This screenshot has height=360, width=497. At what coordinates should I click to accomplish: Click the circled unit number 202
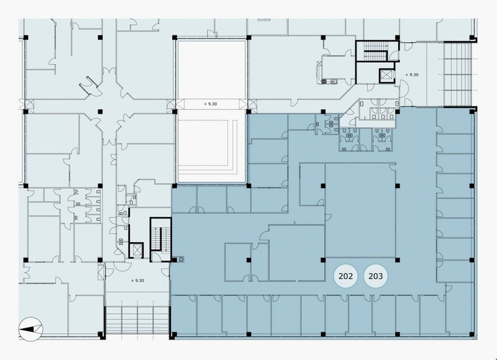[x=345, y=276]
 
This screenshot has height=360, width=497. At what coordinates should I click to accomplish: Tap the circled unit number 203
[x=376, y=276]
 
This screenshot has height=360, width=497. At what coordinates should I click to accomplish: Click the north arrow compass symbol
[x=30, y=329]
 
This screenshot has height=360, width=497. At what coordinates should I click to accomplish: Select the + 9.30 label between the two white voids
[x=211, y=104]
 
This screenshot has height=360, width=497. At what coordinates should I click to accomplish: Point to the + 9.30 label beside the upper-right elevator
[x=412, y=74]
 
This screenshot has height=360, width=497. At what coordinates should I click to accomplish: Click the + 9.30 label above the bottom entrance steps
[x=137, y=281]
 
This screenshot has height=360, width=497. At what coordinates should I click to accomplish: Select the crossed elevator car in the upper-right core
[x=386, y=75]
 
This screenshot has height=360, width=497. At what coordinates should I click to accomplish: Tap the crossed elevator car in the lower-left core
[x=136, y=250]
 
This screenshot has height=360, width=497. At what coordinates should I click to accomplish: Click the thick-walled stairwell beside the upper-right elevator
[x=376, y=51]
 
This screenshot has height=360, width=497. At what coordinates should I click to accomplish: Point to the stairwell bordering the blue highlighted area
[x=161, y=240]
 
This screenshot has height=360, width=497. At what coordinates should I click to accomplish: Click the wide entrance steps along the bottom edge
[x=137, y=320]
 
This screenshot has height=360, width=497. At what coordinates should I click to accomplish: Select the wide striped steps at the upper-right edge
[x=457, y=74]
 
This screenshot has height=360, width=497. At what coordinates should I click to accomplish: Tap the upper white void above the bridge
[x=212, y=70]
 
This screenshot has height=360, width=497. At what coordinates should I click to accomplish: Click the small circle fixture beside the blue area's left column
[x=181, y=259]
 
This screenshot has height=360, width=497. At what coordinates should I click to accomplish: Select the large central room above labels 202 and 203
[x=361, y=210]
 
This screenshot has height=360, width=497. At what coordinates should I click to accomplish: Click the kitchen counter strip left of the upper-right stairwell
[x=319, y=72]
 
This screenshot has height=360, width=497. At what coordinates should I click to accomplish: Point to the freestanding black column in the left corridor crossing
[x=100, y=112]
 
